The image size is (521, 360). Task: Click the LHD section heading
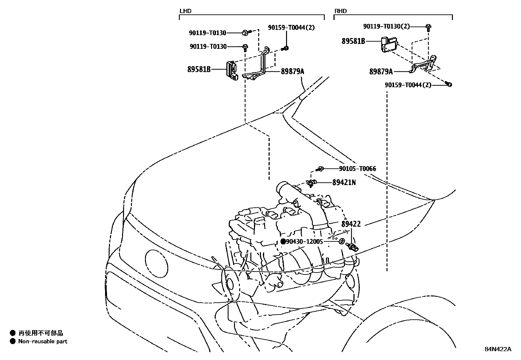[185, 11]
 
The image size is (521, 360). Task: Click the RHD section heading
[340, 11]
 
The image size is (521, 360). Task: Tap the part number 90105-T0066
[357, 169]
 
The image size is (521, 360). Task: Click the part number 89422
[351, 224]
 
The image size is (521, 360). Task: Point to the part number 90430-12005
[304, 242]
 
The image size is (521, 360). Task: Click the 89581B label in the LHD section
[199, 69]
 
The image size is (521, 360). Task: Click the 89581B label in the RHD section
[353, 41]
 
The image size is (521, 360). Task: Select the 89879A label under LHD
[292, 71]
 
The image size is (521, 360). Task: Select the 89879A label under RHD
[381, 71]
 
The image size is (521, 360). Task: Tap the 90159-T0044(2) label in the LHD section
[291, 28]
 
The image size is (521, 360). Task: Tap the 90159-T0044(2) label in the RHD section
[408, 85]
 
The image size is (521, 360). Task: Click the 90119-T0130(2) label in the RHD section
[386, 26]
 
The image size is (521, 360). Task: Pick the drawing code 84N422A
[498, 349]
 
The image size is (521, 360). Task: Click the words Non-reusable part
[43, 341]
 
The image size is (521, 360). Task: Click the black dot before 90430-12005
[283, 242]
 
